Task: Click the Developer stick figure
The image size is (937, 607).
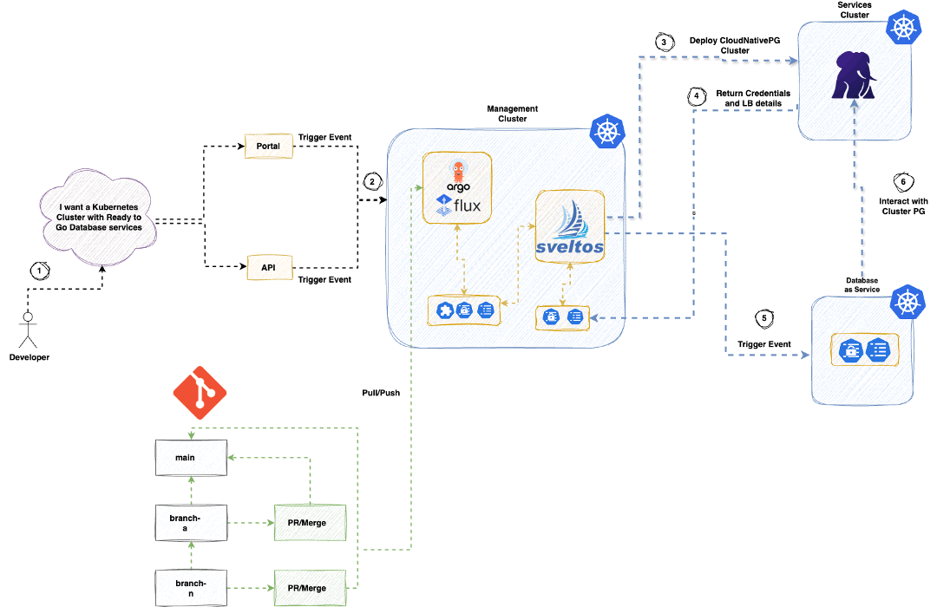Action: pos(29,330)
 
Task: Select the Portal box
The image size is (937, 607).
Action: pos(268,147)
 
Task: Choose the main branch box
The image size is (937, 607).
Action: pos(191,457)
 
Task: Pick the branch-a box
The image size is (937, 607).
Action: pos(191,522)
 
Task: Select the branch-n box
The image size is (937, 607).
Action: pos(191,588)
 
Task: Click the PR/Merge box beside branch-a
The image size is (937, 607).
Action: pos(310,522)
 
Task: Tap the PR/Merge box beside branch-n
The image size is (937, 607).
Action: pos(310,588)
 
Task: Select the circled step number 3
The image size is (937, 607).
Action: pos(664,41)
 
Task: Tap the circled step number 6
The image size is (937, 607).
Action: pos(903,181)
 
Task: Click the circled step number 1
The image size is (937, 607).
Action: pos(38,270)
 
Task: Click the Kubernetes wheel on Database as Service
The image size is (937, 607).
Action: pos(908,303)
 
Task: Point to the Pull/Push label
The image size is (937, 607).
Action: pos(381,393)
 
